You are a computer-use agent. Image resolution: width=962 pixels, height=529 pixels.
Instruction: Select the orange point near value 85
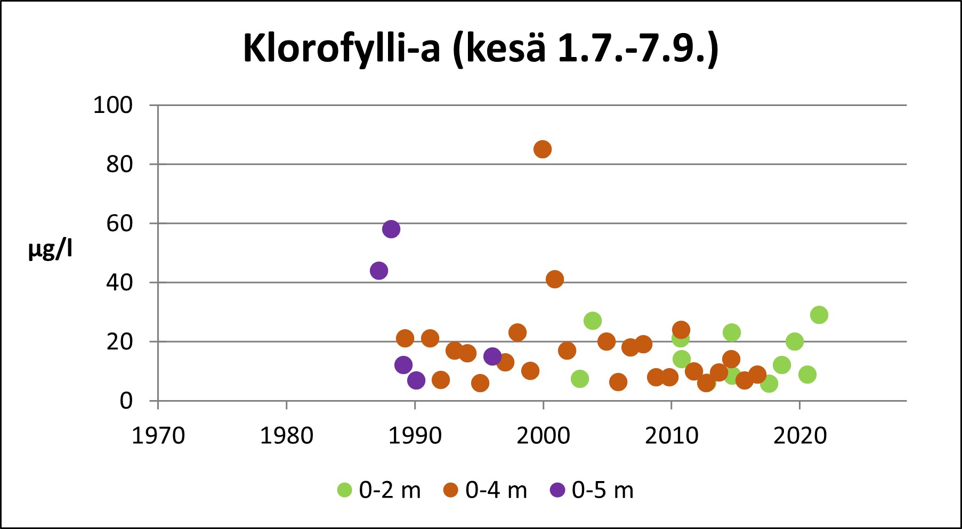point(542,149)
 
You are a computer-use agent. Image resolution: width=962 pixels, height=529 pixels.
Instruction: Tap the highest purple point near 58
point(391,229)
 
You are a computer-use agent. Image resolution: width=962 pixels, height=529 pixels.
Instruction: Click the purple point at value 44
point(378,271)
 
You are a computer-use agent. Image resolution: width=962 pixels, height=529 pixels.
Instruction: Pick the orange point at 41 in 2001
point(554,279)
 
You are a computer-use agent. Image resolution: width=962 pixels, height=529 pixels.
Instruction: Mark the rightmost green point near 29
point(819,315)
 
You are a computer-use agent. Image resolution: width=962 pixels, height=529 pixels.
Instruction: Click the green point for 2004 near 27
point(592,321)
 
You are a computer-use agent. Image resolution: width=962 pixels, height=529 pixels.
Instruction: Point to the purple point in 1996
point(492,356)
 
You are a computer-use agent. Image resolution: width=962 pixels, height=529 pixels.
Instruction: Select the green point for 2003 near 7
point(579,379)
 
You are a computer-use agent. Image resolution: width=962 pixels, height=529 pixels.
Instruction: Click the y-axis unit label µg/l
point(50,249)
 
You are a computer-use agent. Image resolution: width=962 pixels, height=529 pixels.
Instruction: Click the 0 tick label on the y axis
point(126,401)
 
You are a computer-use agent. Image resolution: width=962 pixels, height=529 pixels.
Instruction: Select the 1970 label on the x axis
point(158,436)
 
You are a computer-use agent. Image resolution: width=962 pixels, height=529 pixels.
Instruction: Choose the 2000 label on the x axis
point(543,436)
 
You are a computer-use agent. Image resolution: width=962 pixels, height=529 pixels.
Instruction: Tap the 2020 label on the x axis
point(799,436)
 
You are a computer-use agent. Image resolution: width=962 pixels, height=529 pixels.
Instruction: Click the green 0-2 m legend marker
point(345,490)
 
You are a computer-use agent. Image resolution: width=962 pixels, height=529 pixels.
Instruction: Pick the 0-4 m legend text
point(496,490)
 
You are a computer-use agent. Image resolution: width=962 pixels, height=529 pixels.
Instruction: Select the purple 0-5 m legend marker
point(557,490)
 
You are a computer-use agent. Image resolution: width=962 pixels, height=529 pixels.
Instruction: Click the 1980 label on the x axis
point(286,436)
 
